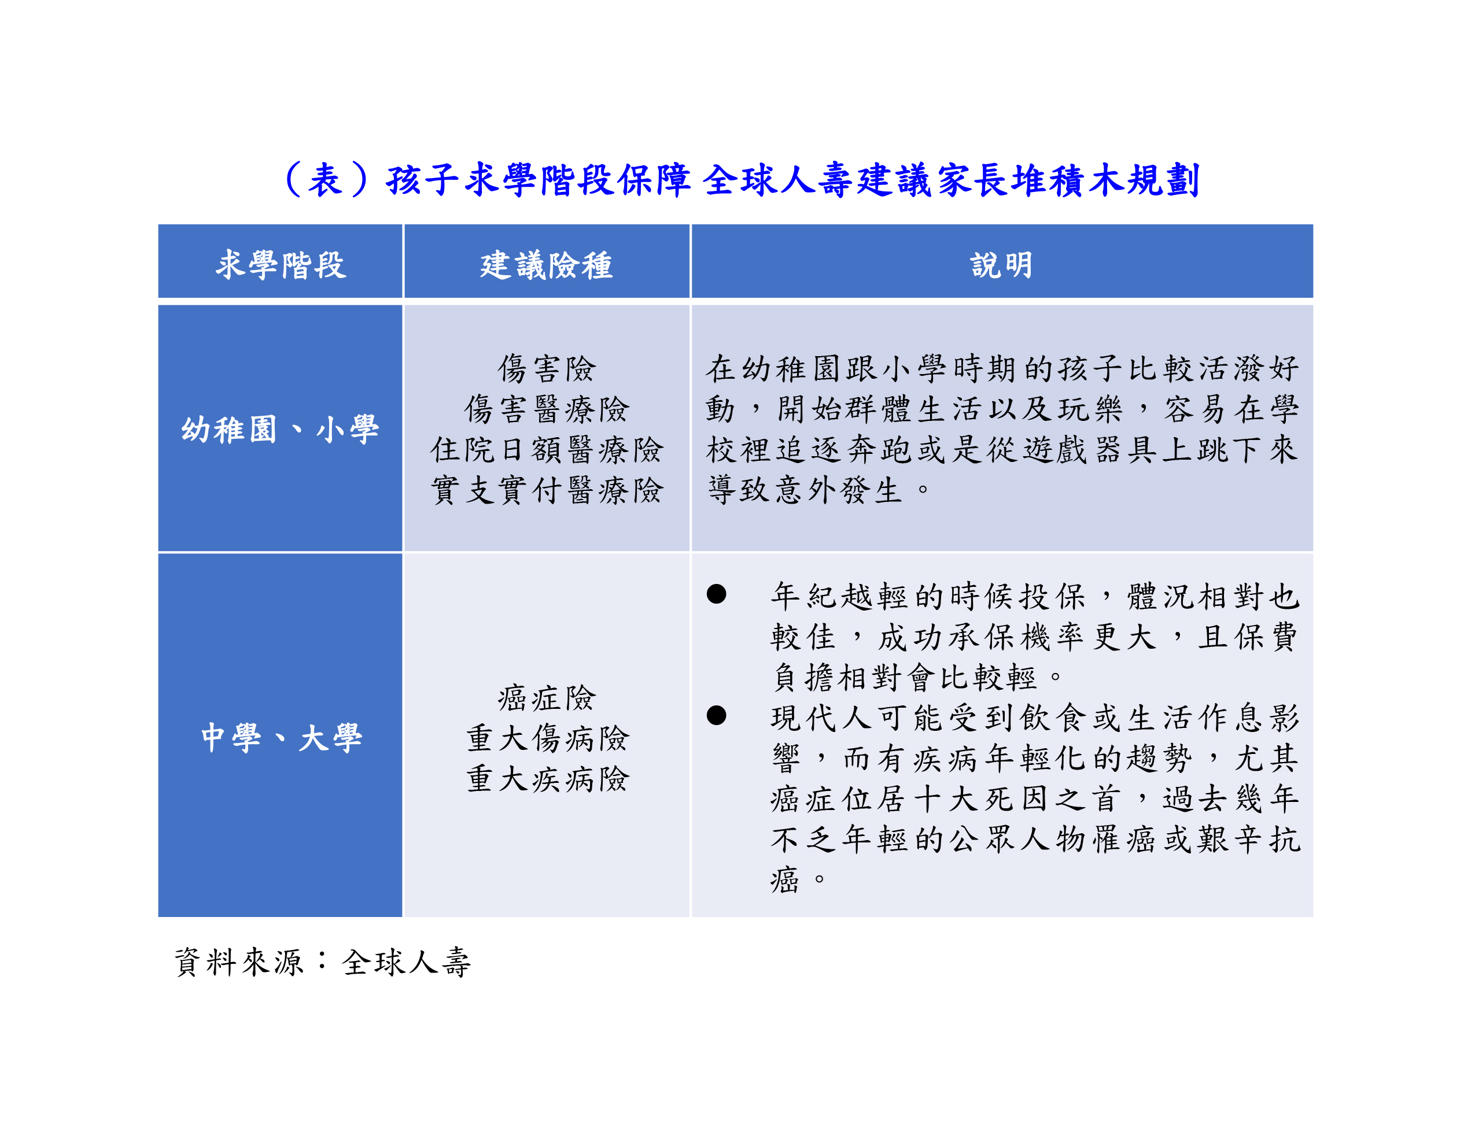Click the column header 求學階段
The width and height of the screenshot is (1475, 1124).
[x=281, y=265]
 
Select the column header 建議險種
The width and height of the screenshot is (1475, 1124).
[x=546, y=265]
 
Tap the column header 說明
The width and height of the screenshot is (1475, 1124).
[x=1002, y=265]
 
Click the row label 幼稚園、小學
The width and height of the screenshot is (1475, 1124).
[x=280, y=429]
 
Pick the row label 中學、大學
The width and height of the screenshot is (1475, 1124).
[x=281, y=738]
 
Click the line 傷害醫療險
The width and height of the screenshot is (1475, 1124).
[x=546, y=409]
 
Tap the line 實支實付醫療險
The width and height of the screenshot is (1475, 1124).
[x=546, y=490]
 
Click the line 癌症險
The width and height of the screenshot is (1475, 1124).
[x=546, y=698]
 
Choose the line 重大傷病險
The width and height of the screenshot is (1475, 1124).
[x=546, y=738]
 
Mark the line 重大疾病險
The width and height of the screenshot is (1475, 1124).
[x=546, y=779]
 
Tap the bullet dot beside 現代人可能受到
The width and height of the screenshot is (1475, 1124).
[x=716, y=715]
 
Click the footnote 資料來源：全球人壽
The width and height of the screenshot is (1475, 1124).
[x=323, y=962]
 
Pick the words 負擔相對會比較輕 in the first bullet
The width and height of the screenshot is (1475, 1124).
[x=904, y=677]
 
